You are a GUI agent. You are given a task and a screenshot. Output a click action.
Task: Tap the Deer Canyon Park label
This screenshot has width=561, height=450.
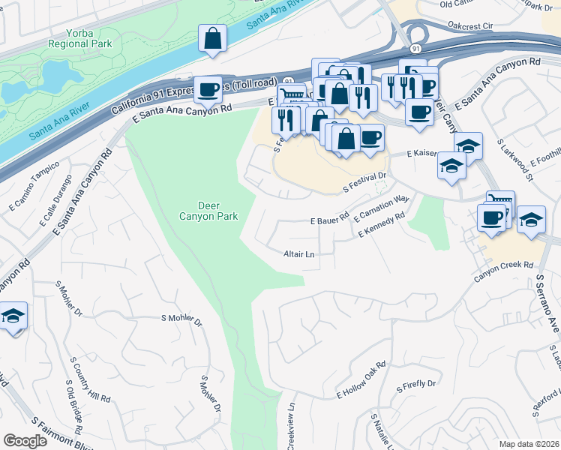[217, 211]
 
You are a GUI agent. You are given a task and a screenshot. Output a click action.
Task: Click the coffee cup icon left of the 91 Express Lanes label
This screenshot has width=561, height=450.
[208, 90]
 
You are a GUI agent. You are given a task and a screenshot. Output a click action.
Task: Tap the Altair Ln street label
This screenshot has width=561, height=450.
[298, 254]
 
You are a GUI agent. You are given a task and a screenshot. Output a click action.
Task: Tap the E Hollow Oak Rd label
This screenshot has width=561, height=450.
[361, 381]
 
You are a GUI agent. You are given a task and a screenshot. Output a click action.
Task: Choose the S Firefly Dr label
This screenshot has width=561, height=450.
[415, 385]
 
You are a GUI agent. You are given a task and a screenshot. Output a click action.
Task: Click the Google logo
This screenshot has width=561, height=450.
[25, 441]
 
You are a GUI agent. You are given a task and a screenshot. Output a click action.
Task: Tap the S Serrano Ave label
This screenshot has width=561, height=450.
[547, 304]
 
